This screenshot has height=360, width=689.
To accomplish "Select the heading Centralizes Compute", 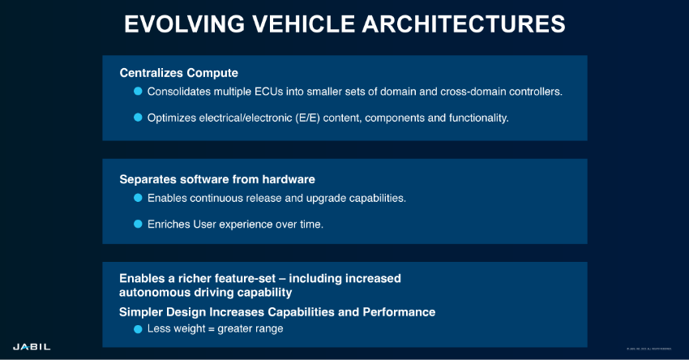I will click(178, 72).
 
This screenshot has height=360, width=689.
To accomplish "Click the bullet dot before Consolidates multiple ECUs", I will click(138, 92).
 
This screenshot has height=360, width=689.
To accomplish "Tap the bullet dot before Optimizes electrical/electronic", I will click(138, 118).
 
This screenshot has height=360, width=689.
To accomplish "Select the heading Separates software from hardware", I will click(217, 178).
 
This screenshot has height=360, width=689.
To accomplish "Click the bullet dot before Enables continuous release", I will click(138, 198).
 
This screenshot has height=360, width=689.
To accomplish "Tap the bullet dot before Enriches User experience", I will click(138, 224).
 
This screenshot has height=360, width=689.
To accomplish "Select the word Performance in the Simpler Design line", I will click(402, 311).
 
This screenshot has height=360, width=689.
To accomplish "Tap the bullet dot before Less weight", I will click(138, 329).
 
